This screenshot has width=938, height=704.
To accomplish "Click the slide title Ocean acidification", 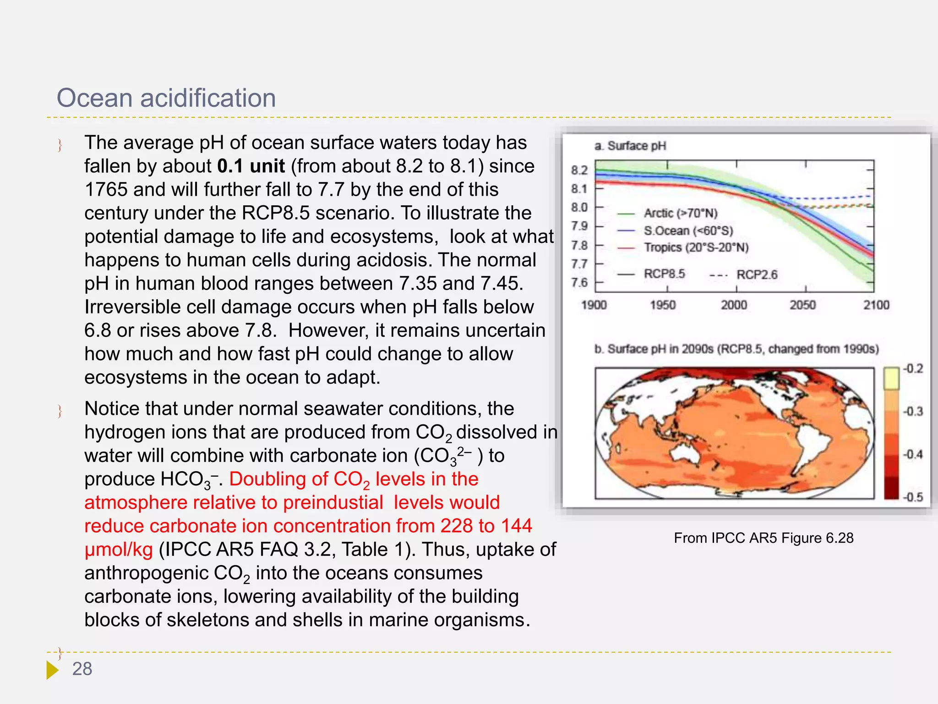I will (166, 98).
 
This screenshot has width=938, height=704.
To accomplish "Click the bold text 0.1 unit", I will (251, 166).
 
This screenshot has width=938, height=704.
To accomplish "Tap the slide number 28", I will (82, 669).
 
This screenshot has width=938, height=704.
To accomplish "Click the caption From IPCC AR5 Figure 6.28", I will (763, 538).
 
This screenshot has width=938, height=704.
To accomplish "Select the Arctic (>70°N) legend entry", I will (680, 213).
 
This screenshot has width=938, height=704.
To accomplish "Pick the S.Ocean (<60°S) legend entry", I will (688, 231).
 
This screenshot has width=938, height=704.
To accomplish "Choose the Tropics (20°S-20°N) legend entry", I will (696, 247).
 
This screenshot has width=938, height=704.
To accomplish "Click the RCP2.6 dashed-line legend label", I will (757, 275).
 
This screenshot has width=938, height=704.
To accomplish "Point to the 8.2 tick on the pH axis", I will (579, 170).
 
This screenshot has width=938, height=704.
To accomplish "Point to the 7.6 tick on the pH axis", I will (579, 282).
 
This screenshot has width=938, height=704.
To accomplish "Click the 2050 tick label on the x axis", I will (802, 305).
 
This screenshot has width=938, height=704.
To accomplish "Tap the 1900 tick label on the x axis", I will (594, 305).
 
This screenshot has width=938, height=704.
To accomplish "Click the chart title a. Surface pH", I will (630, 146).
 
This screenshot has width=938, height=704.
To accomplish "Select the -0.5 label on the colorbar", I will (912, 497).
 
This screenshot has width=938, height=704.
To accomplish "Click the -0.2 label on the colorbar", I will (913, 368).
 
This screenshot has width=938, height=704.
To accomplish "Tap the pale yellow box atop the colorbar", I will (891, 378).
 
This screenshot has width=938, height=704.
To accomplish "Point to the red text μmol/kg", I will (119, 550).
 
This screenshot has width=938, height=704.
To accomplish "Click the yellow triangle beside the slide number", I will (52, 670).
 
